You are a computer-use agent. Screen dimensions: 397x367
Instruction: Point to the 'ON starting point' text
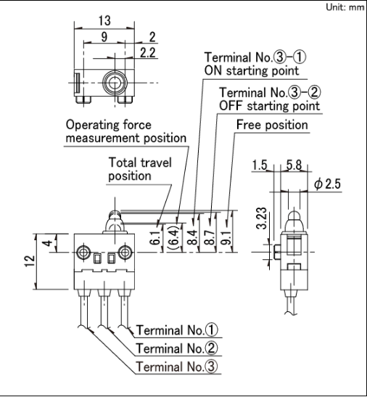click(x=250, y=70)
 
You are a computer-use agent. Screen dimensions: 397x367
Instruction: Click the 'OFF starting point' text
click(x=269, y=106)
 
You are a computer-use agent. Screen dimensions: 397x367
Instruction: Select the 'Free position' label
click(x=272, y=125)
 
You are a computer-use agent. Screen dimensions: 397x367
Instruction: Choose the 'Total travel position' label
click(x=140, y=169)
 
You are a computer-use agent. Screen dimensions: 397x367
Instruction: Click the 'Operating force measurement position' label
click(x=125, y=131)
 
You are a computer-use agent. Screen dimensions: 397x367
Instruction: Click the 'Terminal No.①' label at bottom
click(x=177, y=330)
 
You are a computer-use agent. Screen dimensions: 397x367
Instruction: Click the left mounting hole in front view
click(x=81, y=253)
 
